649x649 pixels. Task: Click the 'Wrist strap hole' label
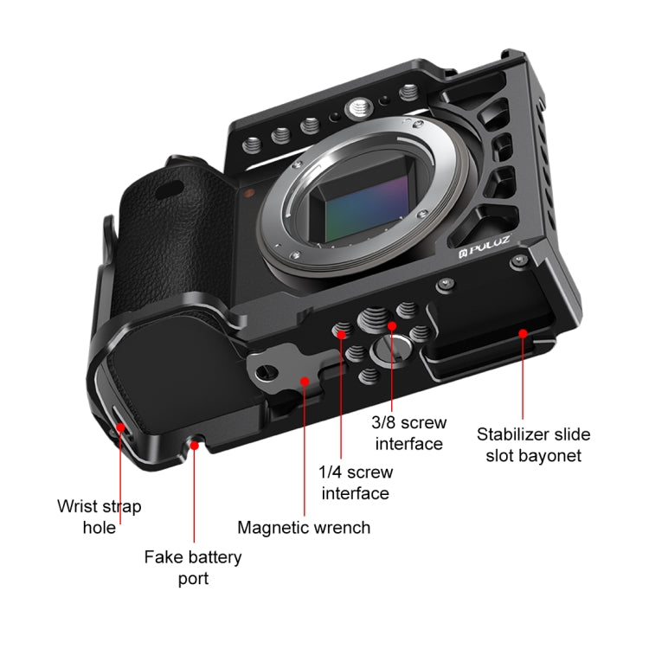(x=99, y=516)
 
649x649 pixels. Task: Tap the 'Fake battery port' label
(x=193, y=567)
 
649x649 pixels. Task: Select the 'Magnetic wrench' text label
(x=304, y=527)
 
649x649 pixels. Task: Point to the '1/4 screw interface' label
(x=356, y=483)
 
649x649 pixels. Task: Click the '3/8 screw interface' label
(x=408, y=433)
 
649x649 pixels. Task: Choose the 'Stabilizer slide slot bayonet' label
(x=534, y=443)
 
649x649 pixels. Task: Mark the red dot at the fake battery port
(x=196, y=445)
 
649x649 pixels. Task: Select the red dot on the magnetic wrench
(x=304, y=378)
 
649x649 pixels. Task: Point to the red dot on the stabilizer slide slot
(x=523, y=333)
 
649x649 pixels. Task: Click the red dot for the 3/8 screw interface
(x=391, y=326)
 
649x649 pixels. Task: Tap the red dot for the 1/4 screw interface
(x=341, y=332)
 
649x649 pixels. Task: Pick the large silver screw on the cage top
(x=355, y=108)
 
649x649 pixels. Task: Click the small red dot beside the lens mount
(x=248, y=195)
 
